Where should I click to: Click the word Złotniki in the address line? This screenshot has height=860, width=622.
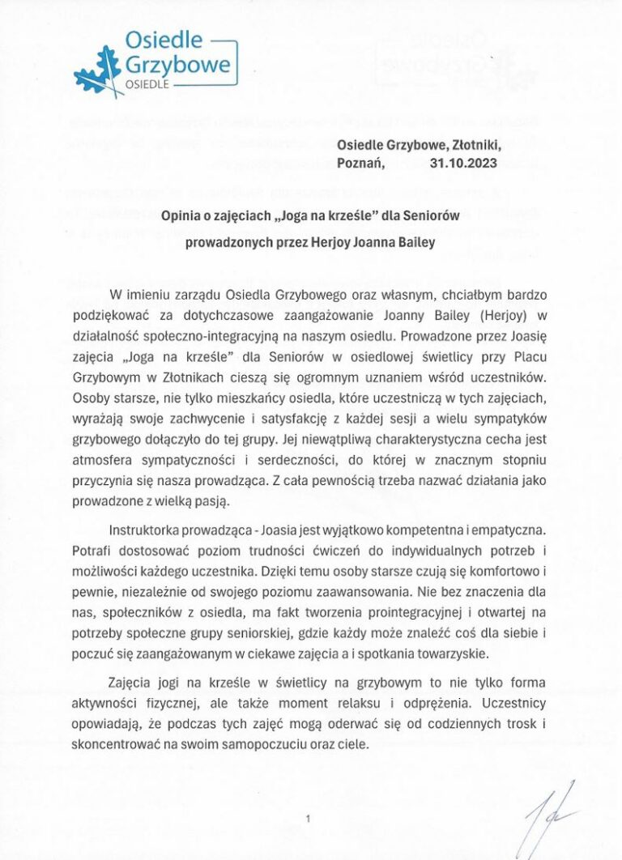(x=479, y=144)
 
